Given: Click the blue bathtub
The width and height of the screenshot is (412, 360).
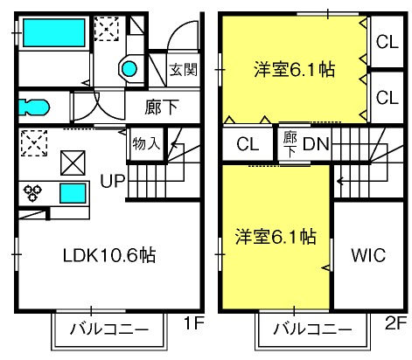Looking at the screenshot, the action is click(54, 32).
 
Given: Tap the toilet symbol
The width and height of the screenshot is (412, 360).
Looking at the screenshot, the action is click(33, 107).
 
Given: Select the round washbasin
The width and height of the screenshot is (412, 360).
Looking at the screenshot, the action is click(129, 69).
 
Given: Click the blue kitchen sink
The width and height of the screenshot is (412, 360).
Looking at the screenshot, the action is click(73, 193).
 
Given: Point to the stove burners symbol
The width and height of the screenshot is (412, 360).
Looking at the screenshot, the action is click(32, 193).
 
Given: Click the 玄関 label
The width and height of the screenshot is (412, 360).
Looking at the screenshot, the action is click(184, 70).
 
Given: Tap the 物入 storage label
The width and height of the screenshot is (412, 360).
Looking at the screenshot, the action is click(146, 143).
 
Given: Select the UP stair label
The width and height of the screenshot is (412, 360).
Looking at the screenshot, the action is click(113, 181).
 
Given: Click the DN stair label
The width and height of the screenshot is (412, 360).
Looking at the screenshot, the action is click(316, 144).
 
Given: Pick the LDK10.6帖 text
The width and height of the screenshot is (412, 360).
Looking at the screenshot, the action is click(109, 255).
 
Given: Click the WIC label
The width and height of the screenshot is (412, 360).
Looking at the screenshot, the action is click(368, 255).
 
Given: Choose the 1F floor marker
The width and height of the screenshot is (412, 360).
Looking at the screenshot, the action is click(193, 323).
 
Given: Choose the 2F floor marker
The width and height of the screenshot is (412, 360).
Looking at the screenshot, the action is click(395, 323).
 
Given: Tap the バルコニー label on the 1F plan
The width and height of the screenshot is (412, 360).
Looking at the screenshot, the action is click(109, 329).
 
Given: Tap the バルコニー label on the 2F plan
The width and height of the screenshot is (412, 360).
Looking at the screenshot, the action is click(312, 329).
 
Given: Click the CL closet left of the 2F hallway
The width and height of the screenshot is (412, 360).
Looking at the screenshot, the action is click(248, 144).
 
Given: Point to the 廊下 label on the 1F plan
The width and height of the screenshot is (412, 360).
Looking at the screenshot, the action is click(161, 107).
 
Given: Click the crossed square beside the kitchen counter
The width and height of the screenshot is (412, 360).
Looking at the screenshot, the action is click(73, 163).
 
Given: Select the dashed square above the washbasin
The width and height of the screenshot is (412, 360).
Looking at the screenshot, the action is click(107, 29).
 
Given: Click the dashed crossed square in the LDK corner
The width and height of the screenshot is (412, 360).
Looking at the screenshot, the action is click(34, 143).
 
